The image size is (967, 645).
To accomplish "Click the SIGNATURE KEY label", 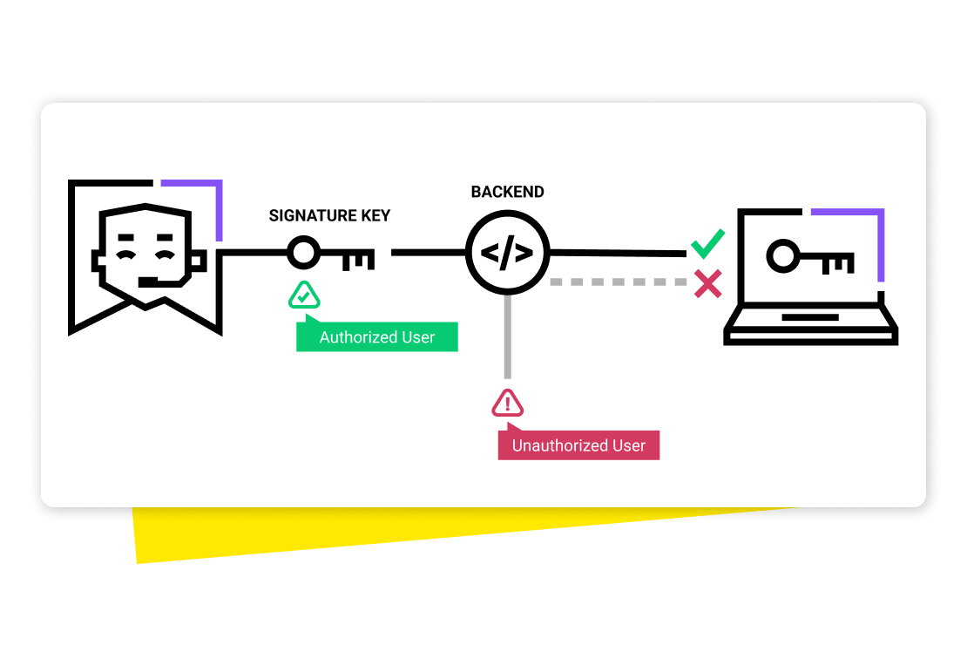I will pos(329,215).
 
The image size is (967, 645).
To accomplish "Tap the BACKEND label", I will pos(507,192).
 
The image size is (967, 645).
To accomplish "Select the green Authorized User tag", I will pos(376,337).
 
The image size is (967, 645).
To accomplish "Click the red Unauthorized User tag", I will pos(578,445).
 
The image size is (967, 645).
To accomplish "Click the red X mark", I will pos(707,283).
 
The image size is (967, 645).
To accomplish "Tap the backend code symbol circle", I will pos(507,254).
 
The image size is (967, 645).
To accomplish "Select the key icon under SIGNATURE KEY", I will pos(331,255).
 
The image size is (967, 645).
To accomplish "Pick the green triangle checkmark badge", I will pos(304,296).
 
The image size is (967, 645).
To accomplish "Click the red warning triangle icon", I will pos(508,403).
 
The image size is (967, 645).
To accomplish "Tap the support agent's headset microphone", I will pos(152,281).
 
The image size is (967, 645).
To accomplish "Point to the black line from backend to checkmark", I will pos(619,254).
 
